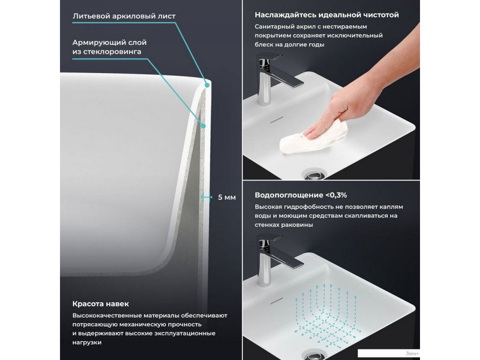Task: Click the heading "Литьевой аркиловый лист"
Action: coord(124,16)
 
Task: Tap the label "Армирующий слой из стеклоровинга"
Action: coord(109,47)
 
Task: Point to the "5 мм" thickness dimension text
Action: coord(227,197)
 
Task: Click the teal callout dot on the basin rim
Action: coord(207,85)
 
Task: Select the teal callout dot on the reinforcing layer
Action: coord(203,126)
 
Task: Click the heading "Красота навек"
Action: coord(100,304)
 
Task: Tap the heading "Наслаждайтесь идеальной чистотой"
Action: coord(327,15)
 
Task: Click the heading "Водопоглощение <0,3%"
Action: coord(300,195)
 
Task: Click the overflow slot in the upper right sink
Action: coord(277,120)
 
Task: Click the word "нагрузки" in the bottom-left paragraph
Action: coord(87,343)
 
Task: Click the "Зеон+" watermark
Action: coord(412,353)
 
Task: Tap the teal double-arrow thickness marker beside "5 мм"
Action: coord(206,197)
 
